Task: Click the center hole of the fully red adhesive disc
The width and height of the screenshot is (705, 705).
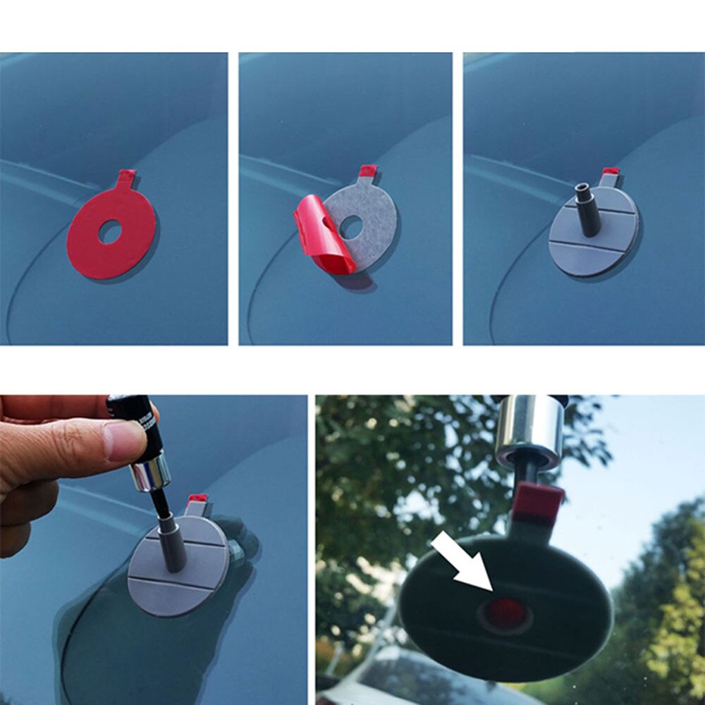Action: click(109, 232)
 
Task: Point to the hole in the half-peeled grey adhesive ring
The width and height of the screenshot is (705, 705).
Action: click(350, 226)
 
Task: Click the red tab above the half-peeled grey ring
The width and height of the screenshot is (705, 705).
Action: click(368, 171)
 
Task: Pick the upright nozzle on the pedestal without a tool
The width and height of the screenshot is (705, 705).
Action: click(586, 209)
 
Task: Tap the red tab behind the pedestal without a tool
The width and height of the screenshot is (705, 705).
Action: click(611, 172)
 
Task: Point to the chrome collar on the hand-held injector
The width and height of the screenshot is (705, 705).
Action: click(149, 472)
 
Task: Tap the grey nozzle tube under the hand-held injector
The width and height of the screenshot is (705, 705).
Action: click(171, 543)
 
